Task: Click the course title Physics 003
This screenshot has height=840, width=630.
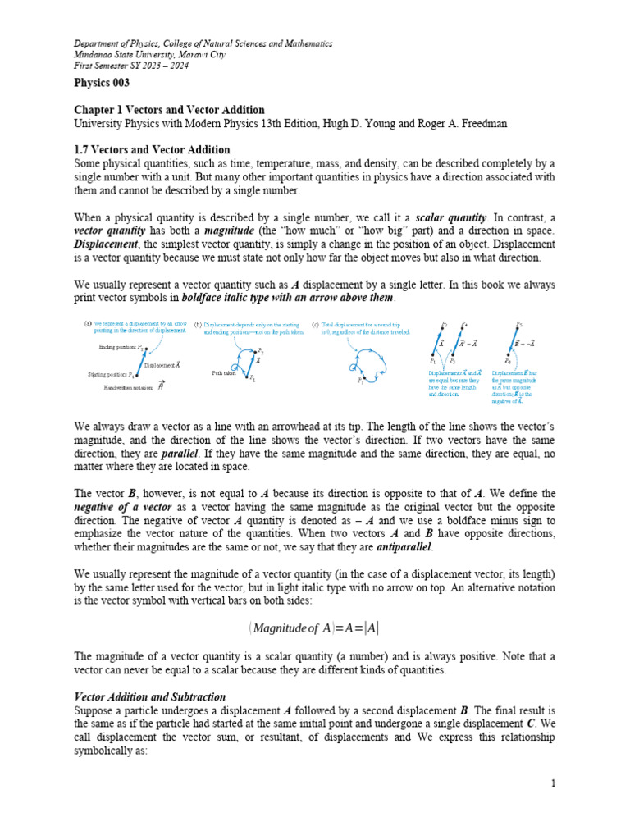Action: click(x=103, y=83)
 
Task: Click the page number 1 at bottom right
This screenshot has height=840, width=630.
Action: click(x=553, y=783)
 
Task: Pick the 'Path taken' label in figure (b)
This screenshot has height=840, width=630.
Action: click(x=224, y=372)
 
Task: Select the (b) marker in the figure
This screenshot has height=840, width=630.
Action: click(x=198, y=324)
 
